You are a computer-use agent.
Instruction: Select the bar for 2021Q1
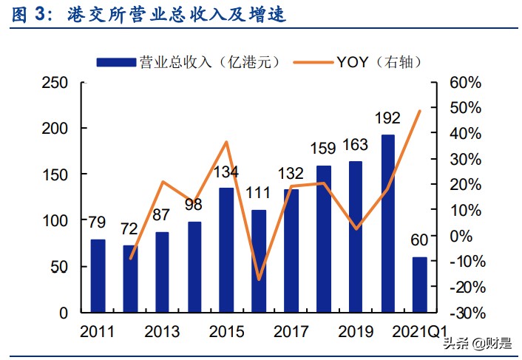point(420,285)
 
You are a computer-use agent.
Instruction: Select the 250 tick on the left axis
point(55,83)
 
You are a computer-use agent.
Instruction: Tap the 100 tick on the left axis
point(55,220)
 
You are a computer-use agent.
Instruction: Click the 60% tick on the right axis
point(466,83)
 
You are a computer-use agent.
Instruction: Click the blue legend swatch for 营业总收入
point(116,62)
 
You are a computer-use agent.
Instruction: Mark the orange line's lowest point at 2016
point(259,279)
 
